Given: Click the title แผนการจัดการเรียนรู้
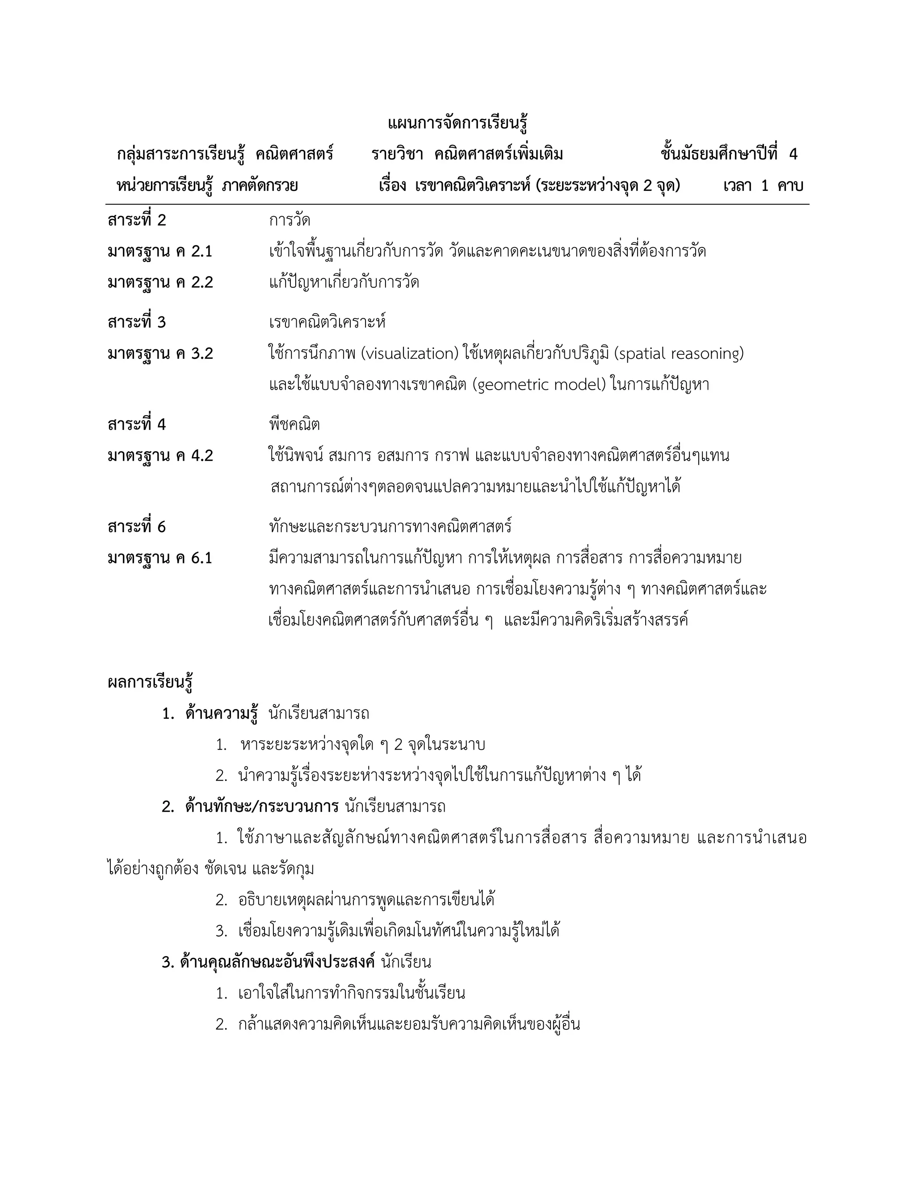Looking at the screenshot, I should (457, 124).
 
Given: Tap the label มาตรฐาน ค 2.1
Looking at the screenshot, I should (160, 252).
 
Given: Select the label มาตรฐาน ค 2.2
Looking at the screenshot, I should (160, 282).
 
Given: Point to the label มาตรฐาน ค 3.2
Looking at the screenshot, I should (160, 353).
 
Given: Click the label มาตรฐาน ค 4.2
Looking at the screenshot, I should (160, 455).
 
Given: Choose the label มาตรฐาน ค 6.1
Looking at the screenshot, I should (160, 558).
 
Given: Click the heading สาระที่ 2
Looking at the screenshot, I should (137, 220).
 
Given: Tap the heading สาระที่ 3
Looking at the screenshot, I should (137, 323).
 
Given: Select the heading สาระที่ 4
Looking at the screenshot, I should (137, 424).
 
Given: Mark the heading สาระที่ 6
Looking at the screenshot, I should (137, 527).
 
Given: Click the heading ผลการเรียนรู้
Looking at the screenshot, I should (150, 682).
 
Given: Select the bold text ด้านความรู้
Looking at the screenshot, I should (221, 714).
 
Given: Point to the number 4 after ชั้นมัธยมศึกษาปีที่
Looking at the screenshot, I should (793, 155).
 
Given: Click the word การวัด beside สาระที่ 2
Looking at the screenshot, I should (290, 220).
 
